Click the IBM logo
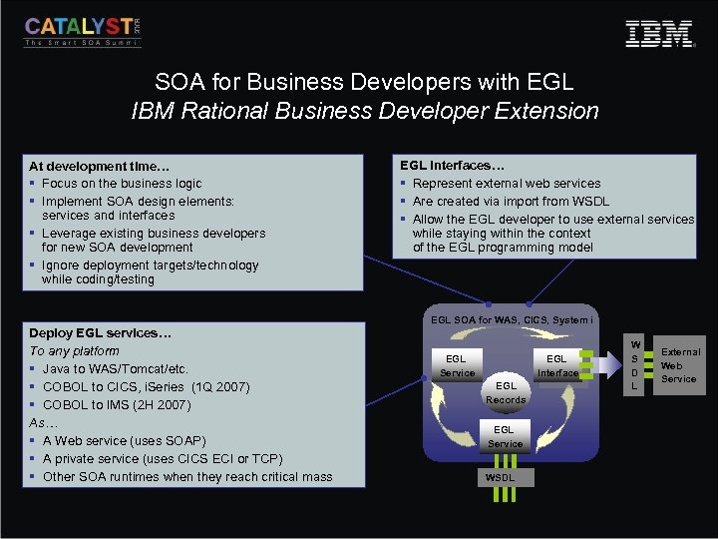(x=659, y=34)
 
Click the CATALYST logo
(x=83, y=31)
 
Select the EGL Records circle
(x=506, y=392)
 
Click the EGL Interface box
(x=556, y=365)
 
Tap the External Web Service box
(x=680, y=365)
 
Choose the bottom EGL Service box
(x=506, y=436)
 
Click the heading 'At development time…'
(x=86, y=166)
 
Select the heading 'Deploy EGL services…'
(x=100, y=332)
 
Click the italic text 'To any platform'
(x=74, y=350)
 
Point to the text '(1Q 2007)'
(x=219, y=387)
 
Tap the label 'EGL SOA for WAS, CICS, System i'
(x=512, y=319)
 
